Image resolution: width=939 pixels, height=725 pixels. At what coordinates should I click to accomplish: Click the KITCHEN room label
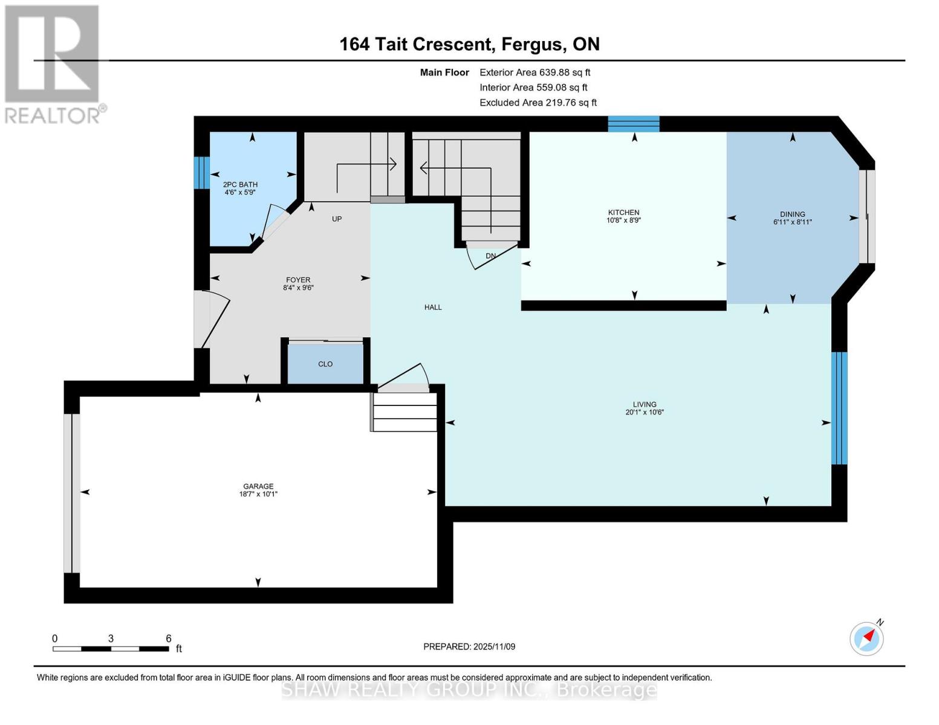(x=623, y=213)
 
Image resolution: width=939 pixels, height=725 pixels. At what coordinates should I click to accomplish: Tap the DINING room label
(x=792, y=214)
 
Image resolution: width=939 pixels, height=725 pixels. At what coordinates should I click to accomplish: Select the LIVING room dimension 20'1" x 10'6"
(x=645, y=413)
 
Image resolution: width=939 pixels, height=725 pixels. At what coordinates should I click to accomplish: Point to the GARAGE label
(x=258, y=486)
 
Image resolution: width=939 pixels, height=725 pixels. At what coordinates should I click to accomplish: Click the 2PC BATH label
(x=240, y=185)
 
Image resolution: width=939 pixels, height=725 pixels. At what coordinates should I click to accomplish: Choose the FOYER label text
(x=298, y=280)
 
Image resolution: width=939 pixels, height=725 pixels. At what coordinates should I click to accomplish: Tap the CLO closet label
(x=325, y=364)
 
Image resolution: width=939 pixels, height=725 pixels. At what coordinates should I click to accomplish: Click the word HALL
(x=433, y=308)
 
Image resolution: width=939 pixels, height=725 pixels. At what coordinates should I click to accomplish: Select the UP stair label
(x=337, y=219)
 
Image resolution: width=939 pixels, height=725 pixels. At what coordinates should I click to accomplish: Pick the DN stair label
(x=490, y=256)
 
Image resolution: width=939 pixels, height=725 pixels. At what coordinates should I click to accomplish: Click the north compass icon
(x=867, y=638)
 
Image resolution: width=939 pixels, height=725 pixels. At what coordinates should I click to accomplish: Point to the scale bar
(x=111, y=649)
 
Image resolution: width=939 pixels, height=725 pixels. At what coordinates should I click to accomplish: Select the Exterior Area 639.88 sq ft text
(x=534, y=72)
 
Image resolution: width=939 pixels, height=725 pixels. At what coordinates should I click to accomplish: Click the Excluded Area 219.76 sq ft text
(x=538, y=103)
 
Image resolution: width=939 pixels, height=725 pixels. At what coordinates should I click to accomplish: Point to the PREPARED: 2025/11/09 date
(x=469, y=646)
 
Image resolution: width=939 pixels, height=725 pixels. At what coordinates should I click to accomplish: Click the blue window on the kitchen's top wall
(x=633, y=124)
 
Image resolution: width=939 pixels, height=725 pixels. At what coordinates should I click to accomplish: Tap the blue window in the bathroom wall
(x=202, y=173)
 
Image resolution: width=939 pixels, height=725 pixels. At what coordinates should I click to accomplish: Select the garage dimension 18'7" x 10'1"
(x=258, y=494)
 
